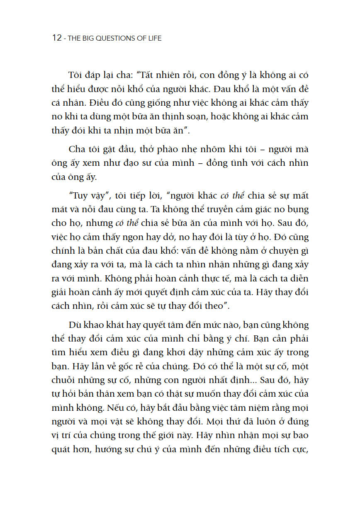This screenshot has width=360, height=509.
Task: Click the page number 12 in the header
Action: [x=57, y=38]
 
